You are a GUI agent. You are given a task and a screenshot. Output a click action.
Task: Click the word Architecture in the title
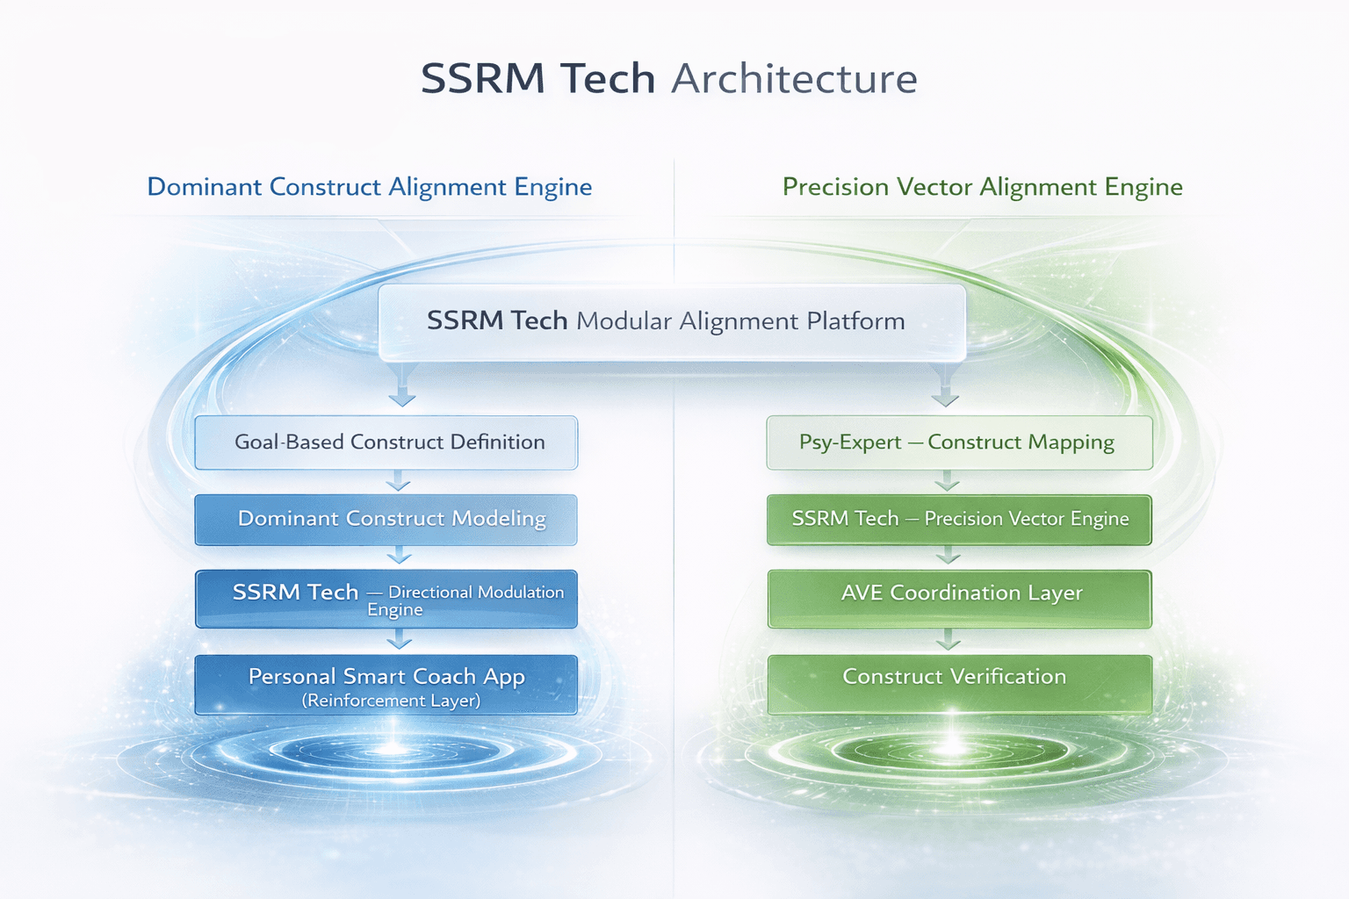click(x=794, y=79)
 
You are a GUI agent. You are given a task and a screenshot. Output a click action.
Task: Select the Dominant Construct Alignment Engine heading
click(x=369, y=187)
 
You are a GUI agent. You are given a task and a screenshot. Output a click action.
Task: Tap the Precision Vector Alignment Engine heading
click(x=982, y=187)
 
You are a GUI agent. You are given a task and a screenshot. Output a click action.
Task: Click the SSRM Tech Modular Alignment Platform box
click(x=672, y=321)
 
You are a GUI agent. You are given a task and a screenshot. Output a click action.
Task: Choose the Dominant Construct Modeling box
click(x=386, y=519)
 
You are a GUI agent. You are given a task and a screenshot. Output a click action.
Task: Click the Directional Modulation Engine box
click(x=386, y=599)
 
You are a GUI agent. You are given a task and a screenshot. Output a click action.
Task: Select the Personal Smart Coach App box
click(x=386, y=685)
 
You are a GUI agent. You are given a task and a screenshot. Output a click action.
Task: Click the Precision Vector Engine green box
click(x=959, y=519)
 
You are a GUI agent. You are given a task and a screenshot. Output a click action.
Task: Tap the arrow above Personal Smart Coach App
click(x=400, y=641)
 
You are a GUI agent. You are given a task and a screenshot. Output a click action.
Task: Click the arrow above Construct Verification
click(x=948, y=641)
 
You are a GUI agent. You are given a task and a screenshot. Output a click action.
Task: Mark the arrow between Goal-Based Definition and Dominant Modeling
click(x=399, y=482)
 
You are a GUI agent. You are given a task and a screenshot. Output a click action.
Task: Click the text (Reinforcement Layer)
click(x=391, y=701)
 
